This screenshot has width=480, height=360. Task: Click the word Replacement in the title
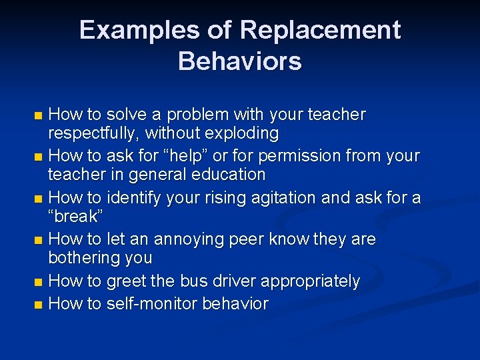click(320, 31)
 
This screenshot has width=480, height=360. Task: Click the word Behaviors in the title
click(240, 61)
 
